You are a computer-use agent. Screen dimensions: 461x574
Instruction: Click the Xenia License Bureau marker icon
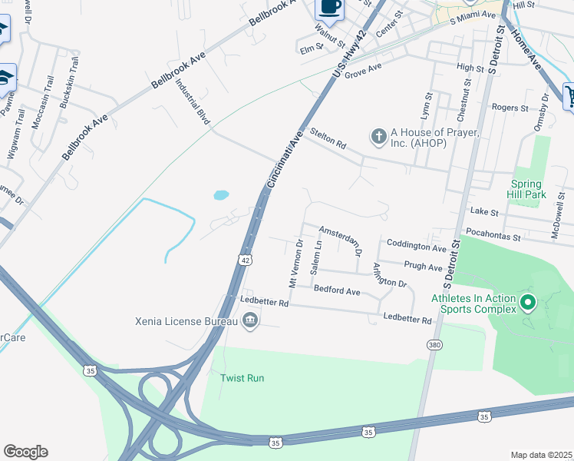249,320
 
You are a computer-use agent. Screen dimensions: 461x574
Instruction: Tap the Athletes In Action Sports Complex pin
528,303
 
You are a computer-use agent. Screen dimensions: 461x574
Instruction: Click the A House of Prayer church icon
378,138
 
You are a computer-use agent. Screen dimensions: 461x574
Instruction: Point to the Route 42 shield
245,260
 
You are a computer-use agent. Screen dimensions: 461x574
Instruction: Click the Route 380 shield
435,345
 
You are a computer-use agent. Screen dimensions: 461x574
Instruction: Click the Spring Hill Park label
526,189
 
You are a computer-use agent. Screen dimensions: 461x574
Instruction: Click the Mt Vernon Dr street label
295,264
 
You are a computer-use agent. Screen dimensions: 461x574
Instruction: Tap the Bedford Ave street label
337,291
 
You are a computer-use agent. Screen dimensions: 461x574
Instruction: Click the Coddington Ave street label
417,248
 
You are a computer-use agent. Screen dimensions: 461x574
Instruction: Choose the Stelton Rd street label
328,139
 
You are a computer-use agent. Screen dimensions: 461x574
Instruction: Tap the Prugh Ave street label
424,267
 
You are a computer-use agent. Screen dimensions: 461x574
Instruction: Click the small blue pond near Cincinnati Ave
221,195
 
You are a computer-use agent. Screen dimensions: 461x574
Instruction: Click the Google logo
26,452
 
